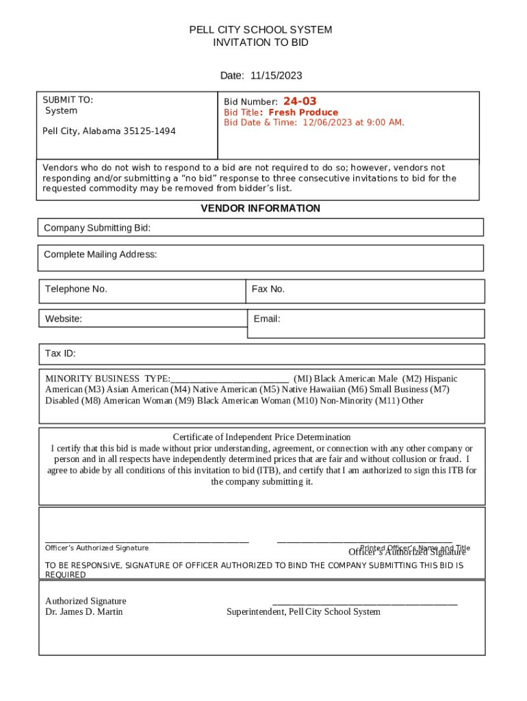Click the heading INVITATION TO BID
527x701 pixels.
(x=261, y=42)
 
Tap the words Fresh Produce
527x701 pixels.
(x=303, y=112)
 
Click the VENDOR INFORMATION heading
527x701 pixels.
(x=260, y=208)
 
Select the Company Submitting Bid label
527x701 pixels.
(x=97, y=227)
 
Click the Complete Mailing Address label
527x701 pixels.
(x=100, y=255)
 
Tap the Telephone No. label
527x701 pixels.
(x=76, y=289)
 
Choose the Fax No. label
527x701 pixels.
(x=268, y=289)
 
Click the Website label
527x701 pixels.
(x=64, y=318)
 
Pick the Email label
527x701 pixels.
(x=267, y=318)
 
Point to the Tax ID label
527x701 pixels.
(x=60, y=353)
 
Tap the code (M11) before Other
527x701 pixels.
(x=387, y=400)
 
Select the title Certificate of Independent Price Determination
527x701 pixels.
(x=261, y=437)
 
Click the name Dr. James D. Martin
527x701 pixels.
(x=83, y=611)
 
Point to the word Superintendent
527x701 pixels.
(x=255, y=611)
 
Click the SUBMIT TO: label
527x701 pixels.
(x=68, y=100)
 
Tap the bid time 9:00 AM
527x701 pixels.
(x=383, y=123)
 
